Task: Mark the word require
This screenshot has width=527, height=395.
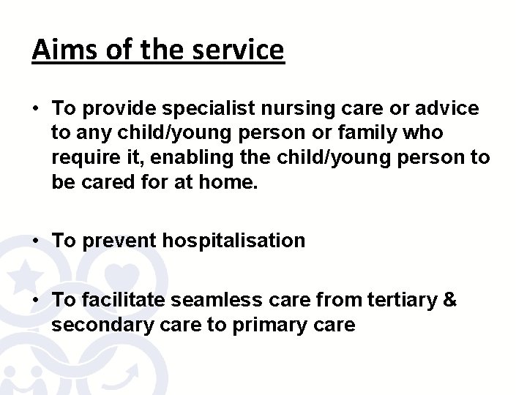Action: coord(82,158)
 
